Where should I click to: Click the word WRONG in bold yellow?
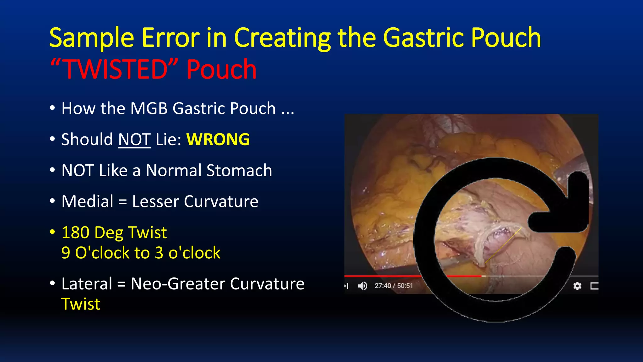click(218, 140)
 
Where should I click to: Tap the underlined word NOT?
click(134, 140)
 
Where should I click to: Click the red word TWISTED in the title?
click(115, 69)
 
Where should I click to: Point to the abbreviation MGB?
click(149, 108)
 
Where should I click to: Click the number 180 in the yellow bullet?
click(75, 233)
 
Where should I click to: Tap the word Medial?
click(87, 201)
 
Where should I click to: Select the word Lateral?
click(87, 284)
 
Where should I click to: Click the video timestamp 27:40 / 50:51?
click(393, 286)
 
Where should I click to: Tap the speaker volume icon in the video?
click(363, 286)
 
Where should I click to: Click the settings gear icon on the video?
click(577, 286)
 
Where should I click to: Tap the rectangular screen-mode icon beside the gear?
click(594, 286)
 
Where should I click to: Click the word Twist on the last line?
click(81, 304)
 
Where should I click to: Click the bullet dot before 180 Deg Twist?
click(52, 232)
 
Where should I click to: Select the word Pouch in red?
click(221, 69)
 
